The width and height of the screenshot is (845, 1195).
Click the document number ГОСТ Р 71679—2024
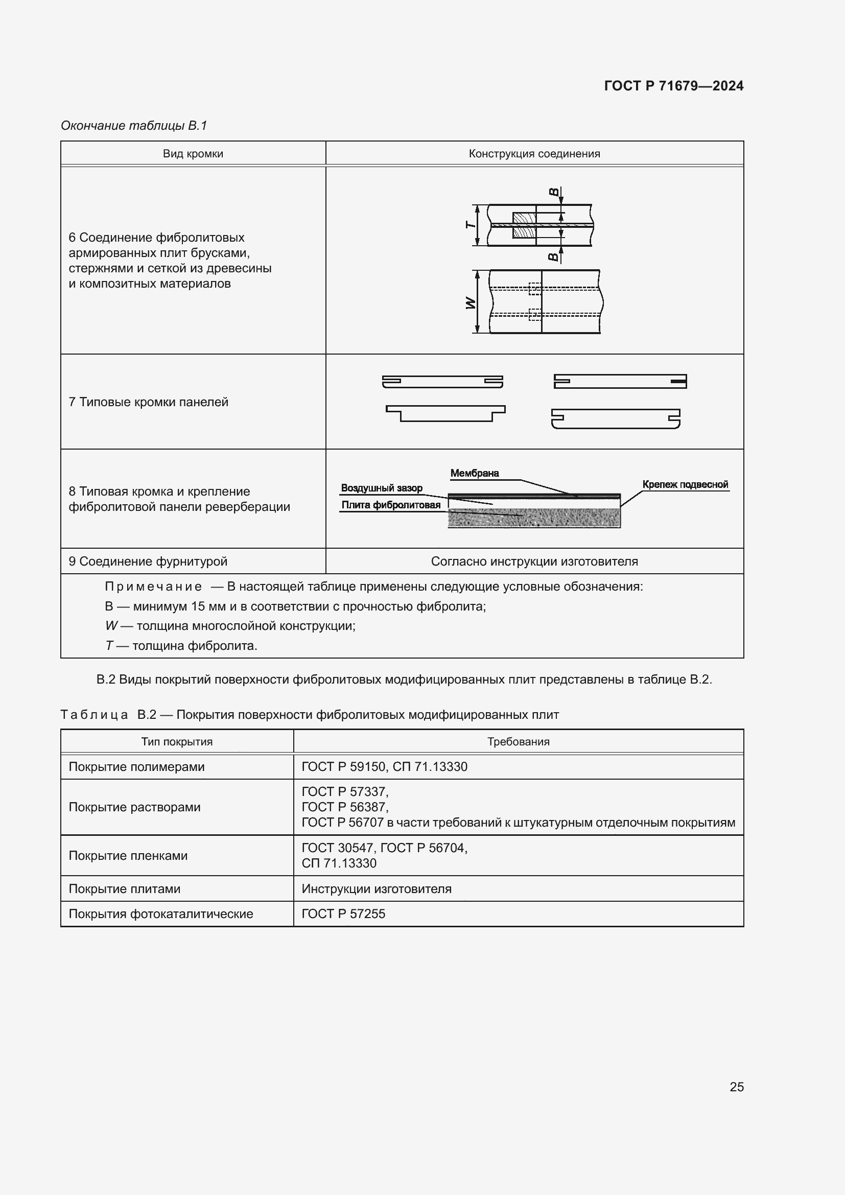pos(673,86)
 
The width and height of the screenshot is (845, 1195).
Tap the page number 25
pos(736,1087)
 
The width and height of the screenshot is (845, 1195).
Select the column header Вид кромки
pos(193,154)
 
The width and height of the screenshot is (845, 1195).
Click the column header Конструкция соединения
pos(534,154)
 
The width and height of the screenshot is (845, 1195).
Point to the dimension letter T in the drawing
pos(470,225)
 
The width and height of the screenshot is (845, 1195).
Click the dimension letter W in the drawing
pos(471,302)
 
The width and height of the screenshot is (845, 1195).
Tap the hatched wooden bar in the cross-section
pos(524,225)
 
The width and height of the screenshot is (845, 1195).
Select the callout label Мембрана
pos(475,473)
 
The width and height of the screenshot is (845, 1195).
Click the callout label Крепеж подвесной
pos(685,484)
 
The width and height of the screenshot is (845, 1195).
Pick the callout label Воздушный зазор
pos(382,488)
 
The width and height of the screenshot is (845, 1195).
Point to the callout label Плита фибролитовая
pos(390,505)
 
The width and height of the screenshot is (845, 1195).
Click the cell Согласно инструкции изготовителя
pos(534,561)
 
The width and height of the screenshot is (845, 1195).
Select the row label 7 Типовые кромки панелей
pos(148,402)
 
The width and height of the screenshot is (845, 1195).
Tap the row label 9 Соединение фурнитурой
pos(148,561)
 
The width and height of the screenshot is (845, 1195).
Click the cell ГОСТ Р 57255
pos(343,913)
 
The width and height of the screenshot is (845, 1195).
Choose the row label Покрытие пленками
pos(128,855)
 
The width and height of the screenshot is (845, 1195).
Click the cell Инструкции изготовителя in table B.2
pos(376,888)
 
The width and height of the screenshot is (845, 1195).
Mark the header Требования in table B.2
pos(518,742)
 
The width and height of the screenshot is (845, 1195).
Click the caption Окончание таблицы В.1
pos(134,126)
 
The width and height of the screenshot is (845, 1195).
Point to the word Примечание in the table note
pos(153,587)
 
